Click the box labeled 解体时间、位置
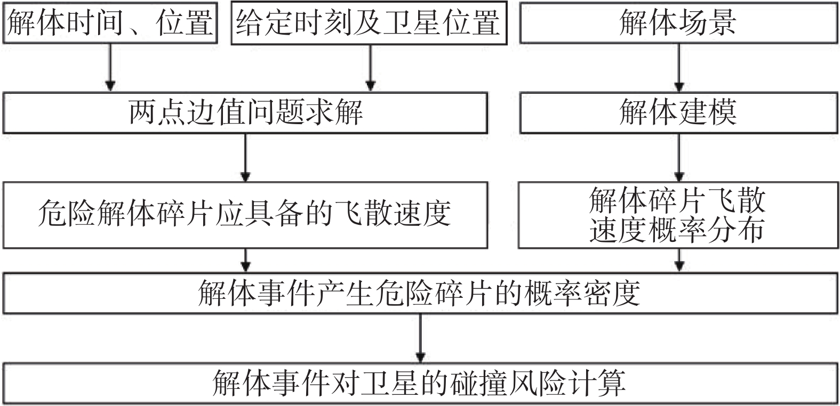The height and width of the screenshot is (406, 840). pyautogui.click(x=110, y=23)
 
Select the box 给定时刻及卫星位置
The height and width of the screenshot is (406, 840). pyautogui.click(x=369, y=23)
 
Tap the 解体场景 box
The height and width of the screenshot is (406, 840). pyautogui.click(x=679, y=23)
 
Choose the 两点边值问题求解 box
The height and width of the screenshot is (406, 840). pyautogui.click(x=245, y=113)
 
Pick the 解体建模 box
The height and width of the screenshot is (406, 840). pyautogui.click(x=679, y=113)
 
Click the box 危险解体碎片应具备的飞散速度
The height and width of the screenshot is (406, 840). pyautogui.click(x=245, y=215)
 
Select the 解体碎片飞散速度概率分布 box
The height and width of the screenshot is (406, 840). pyautogui.click(x=678, y=215)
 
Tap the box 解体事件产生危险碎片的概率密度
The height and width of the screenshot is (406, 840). pyautogui.click(x=420, y=293)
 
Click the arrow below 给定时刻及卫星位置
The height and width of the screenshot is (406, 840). pyautogui.click(x=371, y=68)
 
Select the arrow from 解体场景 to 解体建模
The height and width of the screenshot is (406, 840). pyautogui.click(x=679, y=68)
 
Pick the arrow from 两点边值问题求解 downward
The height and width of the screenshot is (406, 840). pyautogui.click(x=246, y=158)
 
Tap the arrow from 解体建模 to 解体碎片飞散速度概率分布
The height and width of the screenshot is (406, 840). pyautogui.click(x=679, y=158)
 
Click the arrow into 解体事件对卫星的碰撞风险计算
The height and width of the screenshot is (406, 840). pyautogui.click(x=420, y=338)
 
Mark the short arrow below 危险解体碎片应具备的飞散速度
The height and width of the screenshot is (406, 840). pyautogui.click(x=246, y=261)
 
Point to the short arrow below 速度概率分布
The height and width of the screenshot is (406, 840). pyautogui.click(x=679, y=261)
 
